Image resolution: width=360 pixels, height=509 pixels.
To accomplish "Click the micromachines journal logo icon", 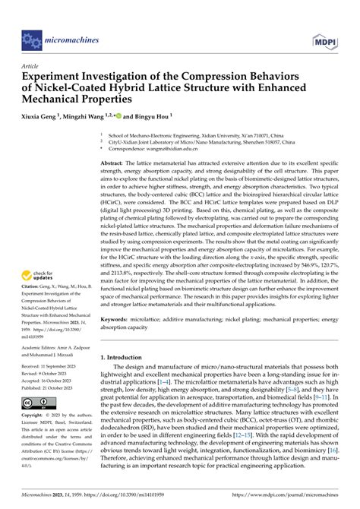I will tap(31, 37).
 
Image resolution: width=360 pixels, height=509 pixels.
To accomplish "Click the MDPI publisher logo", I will tap(328, 37).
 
